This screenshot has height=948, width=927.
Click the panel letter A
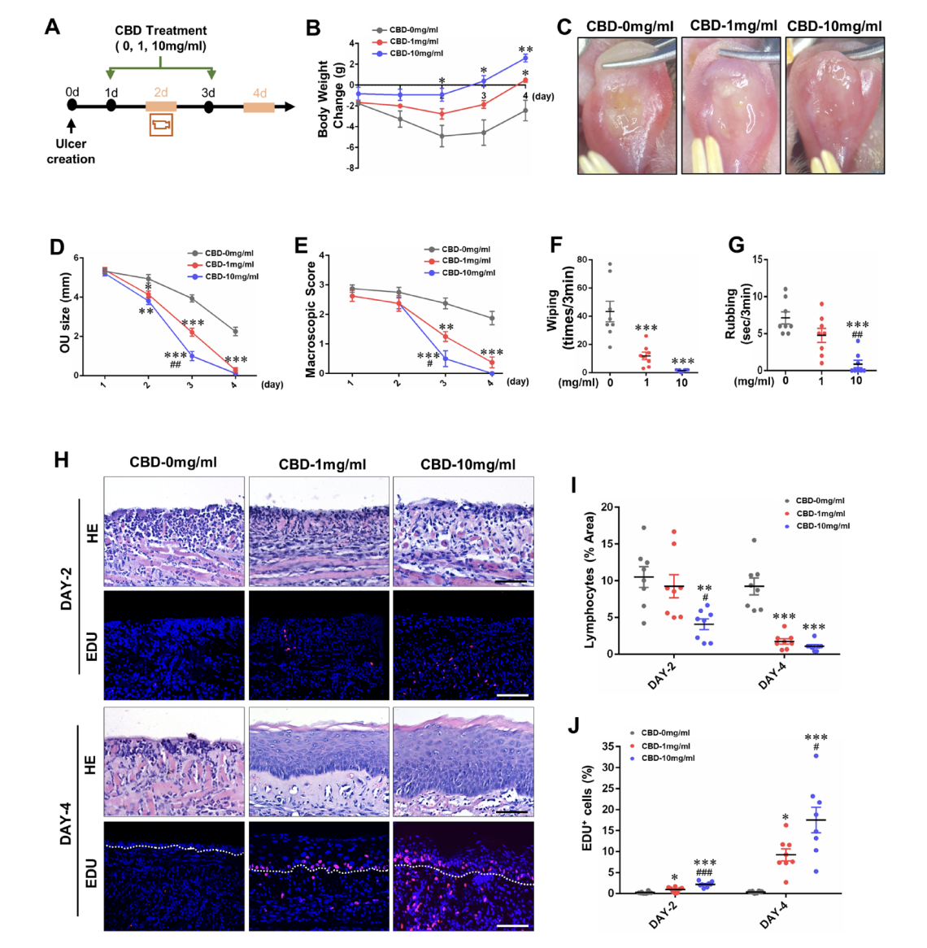52,26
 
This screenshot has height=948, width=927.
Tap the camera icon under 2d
161,125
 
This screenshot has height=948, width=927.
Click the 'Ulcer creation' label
71,151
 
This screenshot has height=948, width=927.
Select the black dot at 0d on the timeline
72,105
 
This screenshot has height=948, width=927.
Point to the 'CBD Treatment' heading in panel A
161,31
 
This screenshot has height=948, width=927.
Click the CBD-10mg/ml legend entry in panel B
416,54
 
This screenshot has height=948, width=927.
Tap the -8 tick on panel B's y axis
352,168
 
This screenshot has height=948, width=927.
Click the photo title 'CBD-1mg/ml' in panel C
733,26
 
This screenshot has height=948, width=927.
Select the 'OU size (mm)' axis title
64,312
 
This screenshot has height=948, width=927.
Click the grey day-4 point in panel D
234,331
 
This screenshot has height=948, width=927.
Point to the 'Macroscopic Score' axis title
310,320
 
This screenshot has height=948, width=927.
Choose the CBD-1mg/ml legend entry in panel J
665,746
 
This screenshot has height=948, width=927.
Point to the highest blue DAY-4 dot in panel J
816,756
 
